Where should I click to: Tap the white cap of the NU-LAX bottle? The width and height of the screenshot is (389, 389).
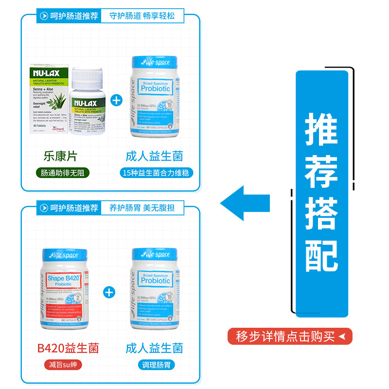point(88,76)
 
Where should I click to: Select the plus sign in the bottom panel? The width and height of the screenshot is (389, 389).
point(109,292)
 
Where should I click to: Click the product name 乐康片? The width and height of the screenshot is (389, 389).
point(61,156)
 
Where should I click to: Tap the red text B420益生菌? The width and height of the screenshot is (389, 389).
point(68,348)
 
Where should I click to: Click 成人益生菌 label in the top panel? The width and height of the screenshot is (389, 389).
point(154,156)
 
